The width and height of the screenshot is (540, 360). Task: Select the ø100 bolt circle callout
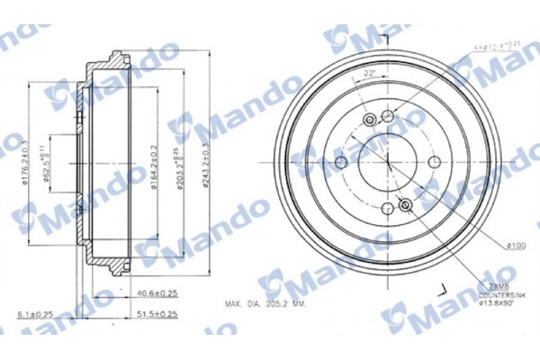[516, 244]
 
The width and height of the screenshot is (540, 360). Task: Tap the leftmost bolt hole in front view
[343, 162]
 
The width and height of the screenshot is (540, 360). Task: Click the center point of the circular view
[388, 162]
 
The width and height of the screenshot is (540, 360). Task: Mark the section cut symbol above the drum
[385, 38]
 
